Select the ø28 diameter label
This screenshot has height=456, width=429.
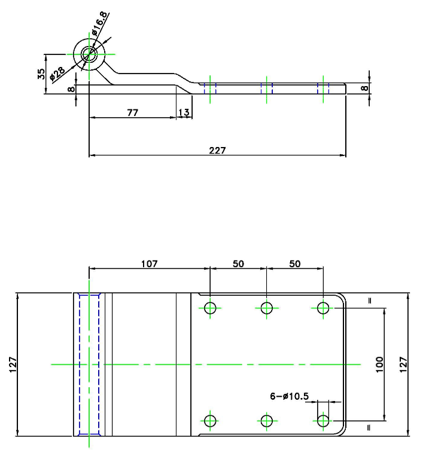tap(57, 74)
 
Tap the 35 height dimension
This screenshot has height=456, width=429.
tap(41, 74)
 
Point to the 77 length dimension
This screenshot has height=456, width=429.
tap(132, 112)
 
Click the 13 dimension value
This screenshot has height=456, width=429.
tap(184, 112)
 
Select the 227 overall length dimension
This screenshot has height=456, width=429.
tap(217, 151)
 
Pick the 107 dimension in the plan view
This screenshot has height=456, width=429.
tap(149, 264)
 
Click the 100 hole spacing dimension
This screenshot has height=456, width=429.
tap(379, 365)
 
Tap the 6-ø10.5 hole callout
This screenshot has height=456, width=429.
tap(289, 396)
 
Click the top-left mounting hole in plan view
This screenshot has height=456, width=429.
tap(210, 308)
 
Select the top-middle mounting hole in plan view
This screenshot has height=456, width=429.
tap(266, 308)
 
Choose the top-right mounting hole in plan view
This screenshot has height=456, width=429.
tap(323, 308)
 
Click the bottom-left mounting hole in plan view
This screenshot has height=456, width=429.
tap(210, 421)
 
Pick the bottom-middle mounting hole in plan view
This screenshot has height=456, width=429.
tap(266, 421)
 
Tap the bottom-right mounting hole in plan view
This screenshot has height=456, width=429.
tap(323, 421)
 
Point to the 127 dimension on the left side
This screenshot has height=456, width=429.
tap(13, 365)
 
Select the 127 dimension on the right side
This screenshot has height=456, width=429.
tap(403, 365)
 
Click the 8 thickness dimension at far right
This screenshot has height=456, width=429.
tap(364, 88)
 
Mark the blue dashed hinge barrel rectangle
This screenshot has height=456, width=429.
tap(79, 365)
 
